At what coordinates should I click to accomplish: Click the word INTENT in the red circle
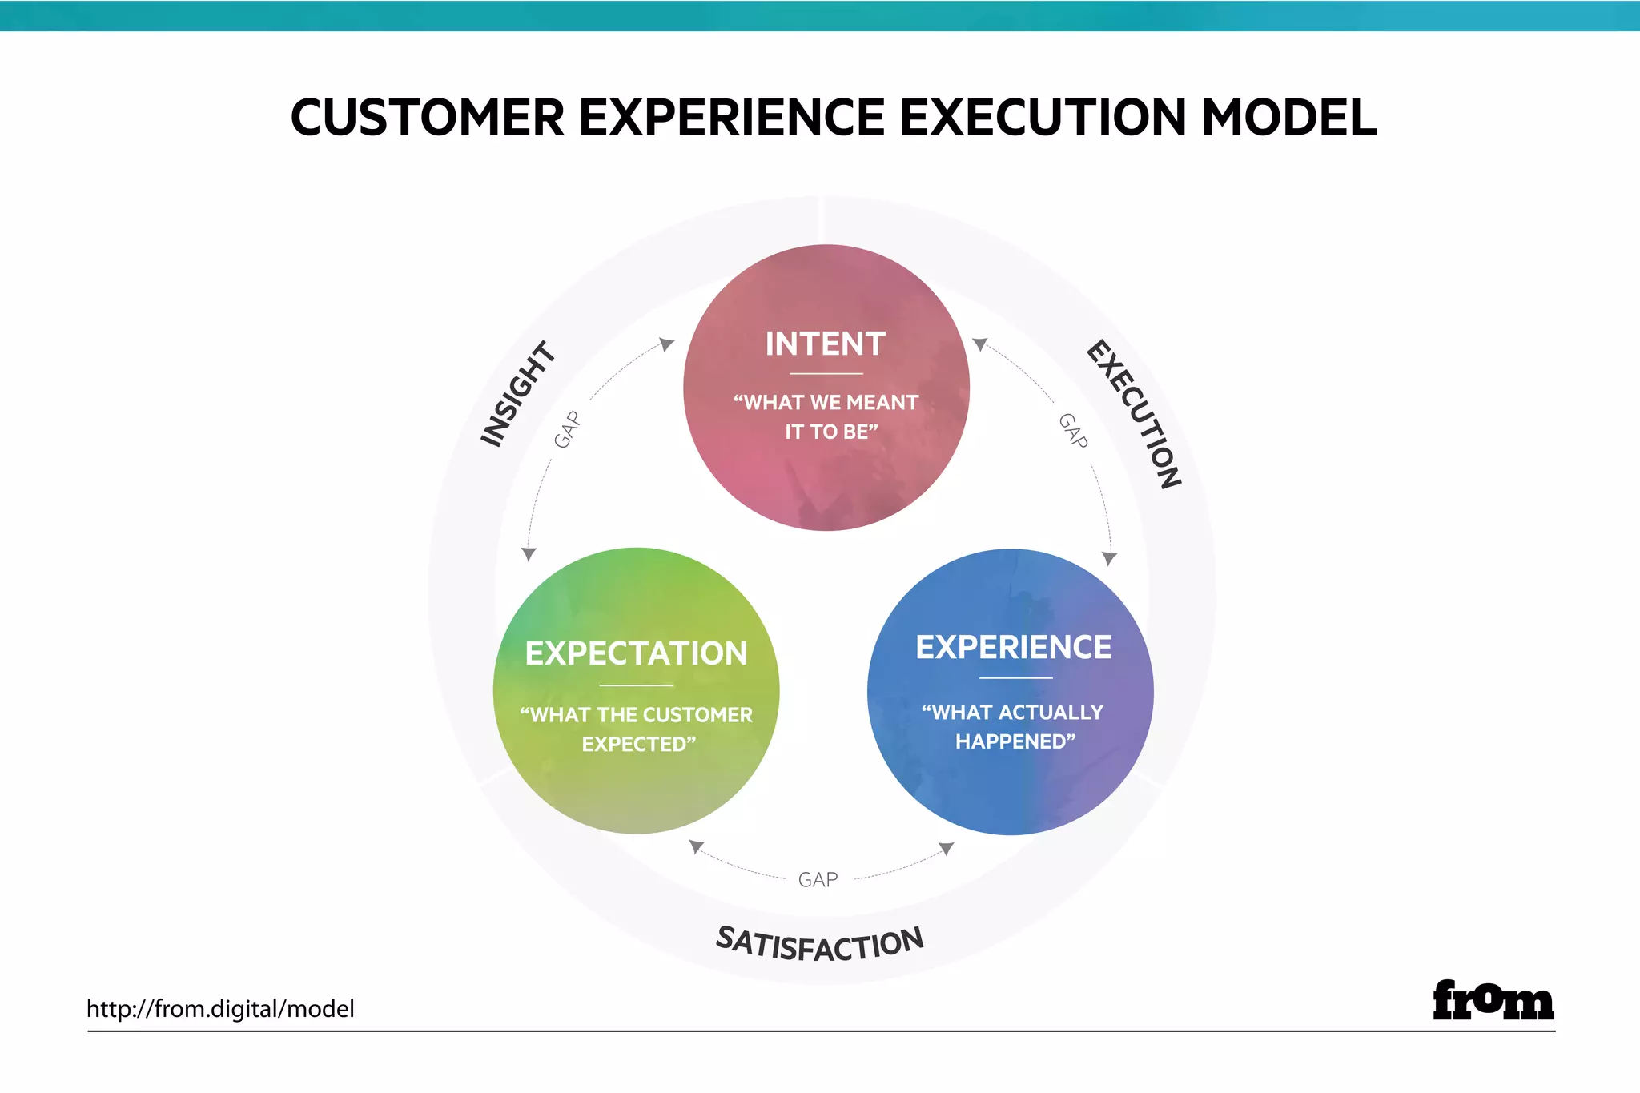[825, 344]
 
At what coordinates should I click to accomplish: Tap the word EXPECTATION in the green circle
[636, 653]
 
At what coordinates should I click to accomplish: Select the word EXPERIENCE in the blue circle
[1013, 647]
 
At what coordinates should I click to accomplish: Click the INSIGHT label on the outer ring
[517, 393]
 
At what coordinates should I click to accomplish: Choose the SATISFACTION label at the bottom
[819, 944]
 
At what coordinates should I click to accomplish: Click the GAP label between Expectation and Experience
[818, 880]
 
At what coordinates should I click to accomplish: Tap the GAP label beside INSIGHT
[567, 429]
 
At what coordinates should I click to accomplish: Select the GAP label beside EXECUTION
[1073, 431]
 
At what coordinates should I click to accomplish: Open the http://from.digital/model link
[220, 1009]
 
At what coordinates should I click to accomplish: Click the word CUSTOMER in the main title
[427, 118]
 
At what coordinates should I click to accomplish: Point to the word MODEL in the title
[1288, 118]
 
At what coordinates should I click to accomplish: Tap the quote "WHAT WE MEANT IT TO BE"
[826, 416]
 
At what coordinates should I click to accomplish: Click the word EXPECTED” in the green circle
[638, 745]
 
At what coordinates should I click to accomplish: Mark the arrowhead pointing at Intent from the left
[666, 344]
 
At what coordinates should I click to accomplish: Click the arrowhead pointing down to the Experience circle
[1109, 558]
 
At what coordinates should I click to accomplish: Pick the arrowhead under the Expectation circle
[697, 846]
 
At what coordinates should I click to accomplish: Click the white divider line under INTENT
[826, 374]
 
